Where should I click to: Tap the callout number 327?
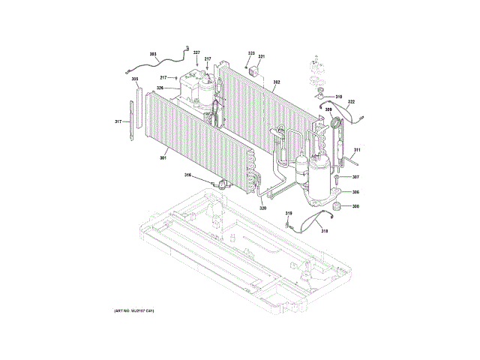pos(196,52)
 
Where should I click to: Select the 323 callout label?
pos(251,53)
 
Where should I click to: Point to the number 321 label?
pos(262,57)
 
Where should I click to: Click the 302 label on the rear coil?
pos(277,82)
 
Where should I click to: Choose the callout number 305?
pos(135,79)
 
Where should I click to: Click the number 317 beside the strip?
pos(118,121)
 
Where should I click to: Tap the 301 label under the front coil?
pos(163,158)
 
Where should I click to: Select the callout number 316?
pos(187,175)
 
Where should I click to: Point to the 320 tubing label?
pos(262,208)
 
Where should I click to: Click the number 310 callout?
pos(338,97)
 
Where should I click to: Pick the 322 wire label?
pos(351,102)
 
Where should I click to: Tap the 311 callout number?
pos(357,150)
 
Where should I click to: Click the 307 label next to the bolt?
pos(355,178)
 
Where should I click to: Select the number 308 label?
pos(355,206)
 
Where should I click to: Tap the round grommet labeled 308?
pos(336,207)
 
